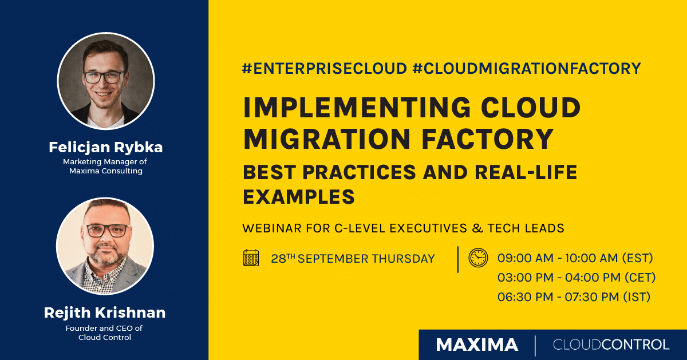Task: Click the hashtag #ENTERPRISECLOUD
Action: [324, 69]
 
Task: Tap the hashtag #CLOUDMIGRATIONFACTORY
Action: [526, 69]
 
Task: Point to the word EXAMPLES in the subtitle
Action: [299, 197]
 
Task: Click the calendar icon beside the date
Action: [251, 258]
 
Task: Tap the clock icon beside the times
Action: [477, 258]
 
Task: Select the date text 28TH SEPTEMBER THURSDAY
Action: [353, 259]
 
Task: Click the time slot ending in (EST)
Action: [575, 258]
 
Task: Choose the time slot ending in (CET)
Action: [576, 278]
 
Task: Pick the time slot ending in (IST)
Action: [574, 297]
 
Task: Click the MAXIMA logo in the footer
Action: [477, 345]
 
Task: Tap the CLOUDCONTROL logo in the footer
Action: [611, 345]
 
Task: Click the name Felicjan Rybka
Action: [105, 147]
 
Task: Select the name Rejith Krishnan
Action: [105, 312]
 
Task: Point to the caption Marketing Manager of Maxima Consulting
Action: [105, 166]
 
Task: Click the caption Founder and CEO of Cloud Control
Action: [105, 333]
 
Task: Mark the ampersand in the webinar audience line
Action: [462, 228]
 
